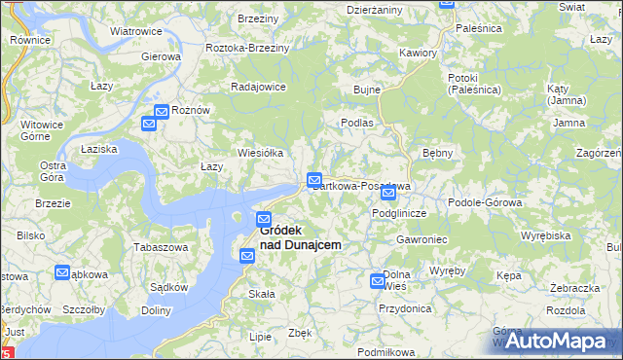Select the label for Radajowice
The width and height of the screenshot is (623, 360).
pos(257,86)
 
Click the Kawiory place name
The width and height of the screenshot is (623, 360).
pos(417,53)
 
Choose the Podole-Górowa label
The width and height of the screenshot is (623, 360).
pos(485,202)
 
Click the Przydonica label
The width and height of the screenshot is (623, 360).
pos(406,307)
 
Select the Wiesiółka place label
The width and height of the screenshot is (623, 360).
pos(261,153)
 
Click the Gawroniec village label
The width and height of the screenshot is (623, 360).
pos(421,238)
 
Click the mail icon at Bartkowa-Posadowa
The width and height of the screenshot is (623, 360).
pos(314,180)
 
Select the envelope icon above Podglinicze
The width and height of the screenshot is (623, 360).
pos(388,193)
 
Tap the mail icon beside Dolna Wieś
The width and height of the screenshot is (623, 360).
pos(378,281)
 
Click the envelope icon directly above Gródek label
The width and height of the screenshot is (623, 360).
pos(264,218)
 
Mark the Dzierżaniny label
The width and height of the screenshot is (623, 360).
pos(374,9)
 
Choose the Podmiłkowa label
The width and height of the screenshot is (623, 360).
pos(386,351)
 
